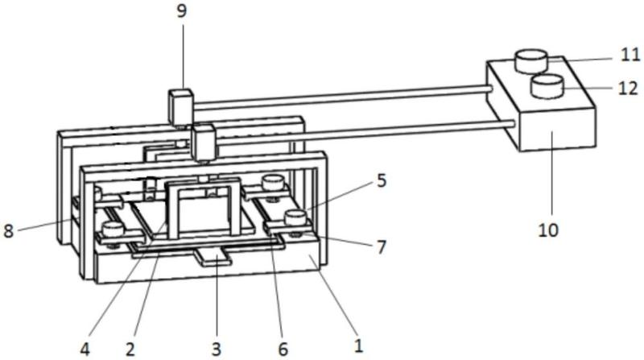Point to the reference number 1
pyautogui.click(x=357, y=347)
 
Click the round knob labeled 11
pyautogui.click(x=530, y=59)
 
